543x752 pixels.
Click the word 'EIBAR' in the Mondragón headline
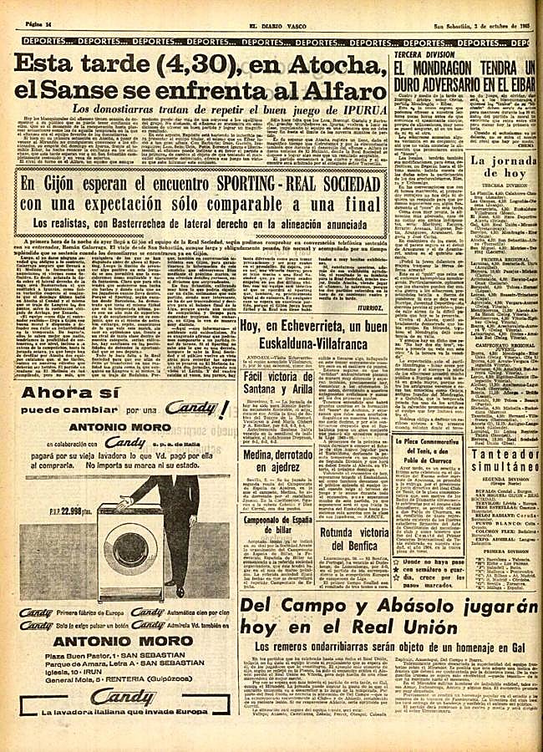pyautogui.click(x=518, y=85)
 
